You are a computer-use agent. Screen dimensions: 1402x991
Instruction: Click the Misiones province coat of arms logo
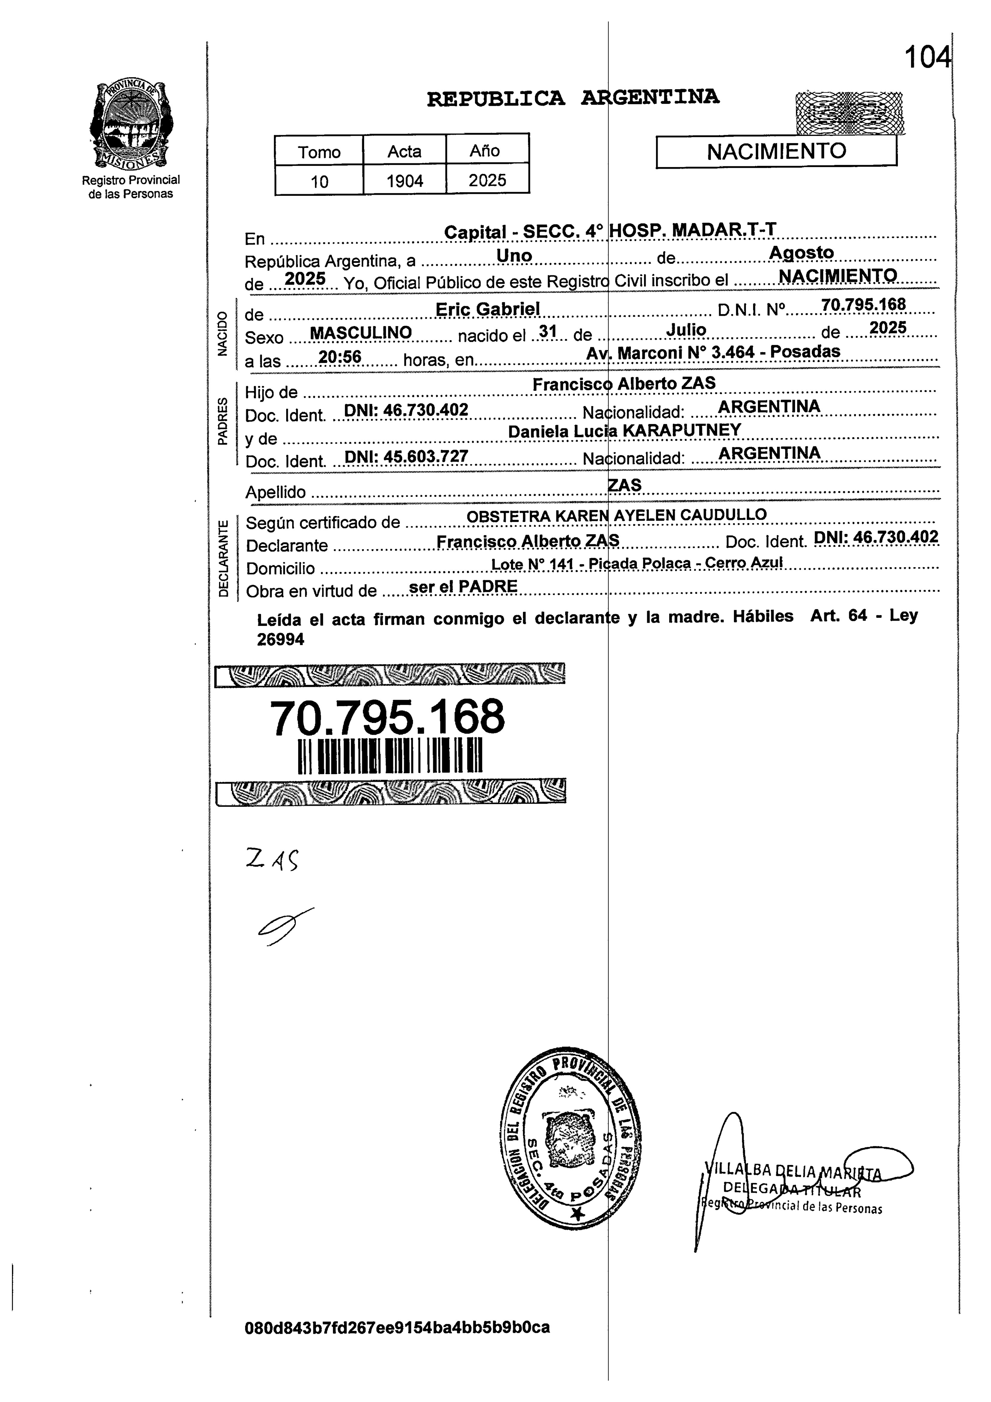point(130,125)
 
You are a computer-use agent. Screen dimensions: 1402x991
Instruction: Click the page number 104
point(927,58)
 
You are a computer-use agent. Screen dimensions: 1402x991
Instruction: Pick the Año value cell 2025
point(487,180)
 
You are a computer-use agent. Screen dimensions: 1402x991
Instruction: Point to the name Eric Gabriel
point(487,310)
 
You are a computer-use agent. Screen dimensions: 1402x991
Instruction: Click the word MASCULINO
point(361,333)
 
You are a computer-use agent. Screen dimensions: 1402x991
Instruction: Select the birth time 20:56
point(340,356)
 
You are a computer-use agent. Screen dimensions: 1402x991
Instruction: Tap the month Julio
point(686,330)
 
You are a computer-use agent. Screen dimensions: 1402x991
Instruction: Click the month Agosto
point(801,253)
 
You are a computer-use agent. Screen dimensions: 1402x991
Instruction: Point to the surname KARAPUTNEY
point(682,430)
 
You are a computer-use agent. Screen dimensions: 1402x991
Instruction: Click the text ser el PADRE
point(463,587)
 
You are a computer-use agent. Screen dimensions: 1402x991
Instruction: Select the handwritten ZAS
point(272,861)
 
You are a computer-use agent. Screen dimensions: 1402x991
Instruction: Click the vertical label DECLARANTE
point(223,558)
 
